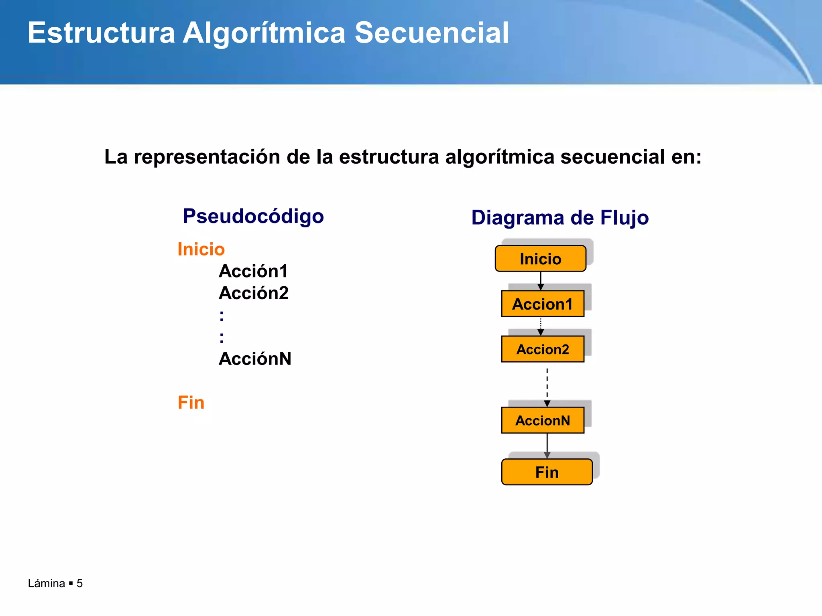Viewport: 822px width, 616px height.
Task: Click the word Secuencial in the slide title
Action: pyautogui.click(x=431, y=33)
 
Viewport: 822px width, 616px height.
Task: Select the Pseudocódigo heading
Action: pyautogui.click(x=253, y=217)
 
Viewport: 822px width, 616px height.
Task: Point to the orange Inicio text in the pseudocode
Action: pyautogui.click(x=201, y=249)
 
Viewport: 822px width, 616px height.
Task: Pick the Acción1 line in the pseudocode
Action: pyautogui.click(x=253, y=271)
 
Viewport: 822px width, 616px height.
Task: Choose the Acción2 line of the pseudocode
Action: pyautogui.click(x=254, y=293)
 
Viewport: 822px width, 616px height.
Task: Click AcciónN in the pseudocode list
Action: pyautogui.click(x=255, y=359)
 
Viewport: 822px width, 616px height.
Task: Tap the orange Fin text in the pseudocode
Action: pyautogui.click(x=191, y=403)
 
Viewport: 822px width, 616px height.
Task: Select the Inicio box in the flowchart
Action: pyautogui.click(x=540, y=259)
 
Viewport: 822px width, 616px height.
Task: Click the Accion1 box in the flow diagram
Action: pyautogui.click(x=543, y=304)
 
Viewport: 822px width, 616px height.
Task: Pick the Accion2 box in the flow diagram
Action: pyautogui.click(x=543, y=349)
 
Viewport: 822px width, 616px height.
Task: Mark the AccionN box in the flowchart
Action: pyautogui.click(x=543, y=420)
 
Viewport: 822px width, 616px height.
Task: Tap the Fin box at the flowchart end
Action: pyautogui.click(x=547, y=472)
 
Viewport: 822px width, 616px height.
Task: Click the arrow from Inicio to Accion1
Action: pyautogui.click(x=541, y=281)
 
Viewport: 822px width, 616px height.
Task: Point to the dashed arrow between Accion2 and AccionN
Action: pyautogui.click(x=547, y=385)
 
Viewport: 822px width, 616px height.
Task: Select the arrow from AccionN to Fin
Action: pyautogui.click(x=547, y=445)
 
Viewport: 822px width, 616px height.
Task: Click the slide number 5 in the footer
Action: pyautogui.click(x=79, y=583)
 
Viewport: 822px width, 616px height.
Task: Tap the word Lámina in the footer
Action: pyautogui.click(x=47, y=583)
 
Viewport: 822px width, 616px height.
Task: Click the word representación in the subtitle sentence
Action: pyautogui.click(x=207, y=157)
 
